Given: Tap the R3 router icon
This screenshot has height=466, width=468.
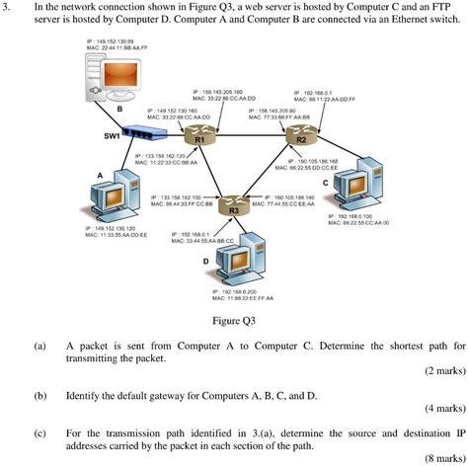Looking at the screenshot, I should coord(234,205).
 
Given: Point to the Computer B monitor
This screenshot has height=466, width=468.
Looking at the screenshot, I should coord(106,79).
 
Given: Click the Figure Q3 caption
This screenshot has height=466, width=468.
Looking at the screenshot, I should coord(234,321).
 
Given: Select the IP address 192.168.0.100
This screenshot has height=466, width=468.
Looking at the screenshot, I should coord(359,215).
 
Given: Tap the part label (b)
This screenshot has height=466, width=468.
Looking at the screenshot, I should coord(39,395).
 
